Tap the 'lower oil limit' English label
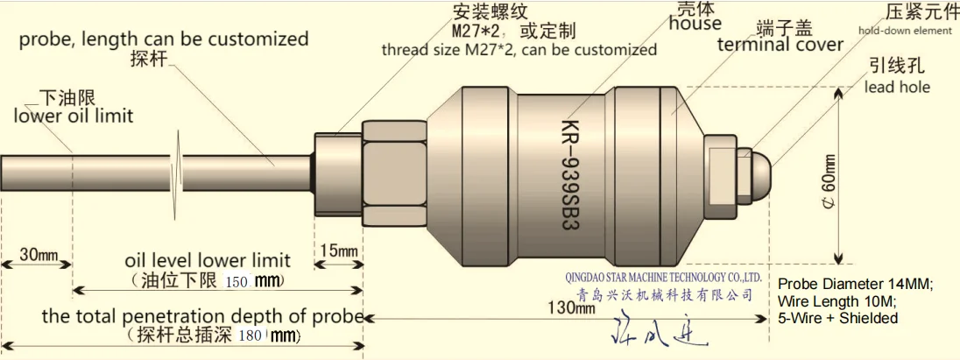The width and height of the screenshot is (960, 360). pos(74,115)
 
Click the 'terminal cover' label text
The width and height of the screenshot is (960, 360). pos(780,45)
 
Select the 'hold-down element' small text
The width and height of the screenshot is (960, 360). pos(904,31)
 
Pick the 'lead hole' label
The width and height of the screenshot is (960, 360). pos(897,87)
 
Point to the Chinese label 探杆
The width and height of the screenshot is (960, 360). pos(148,60)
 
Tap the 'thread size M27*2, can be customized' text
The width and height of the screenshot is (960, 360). pos(519,50)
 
